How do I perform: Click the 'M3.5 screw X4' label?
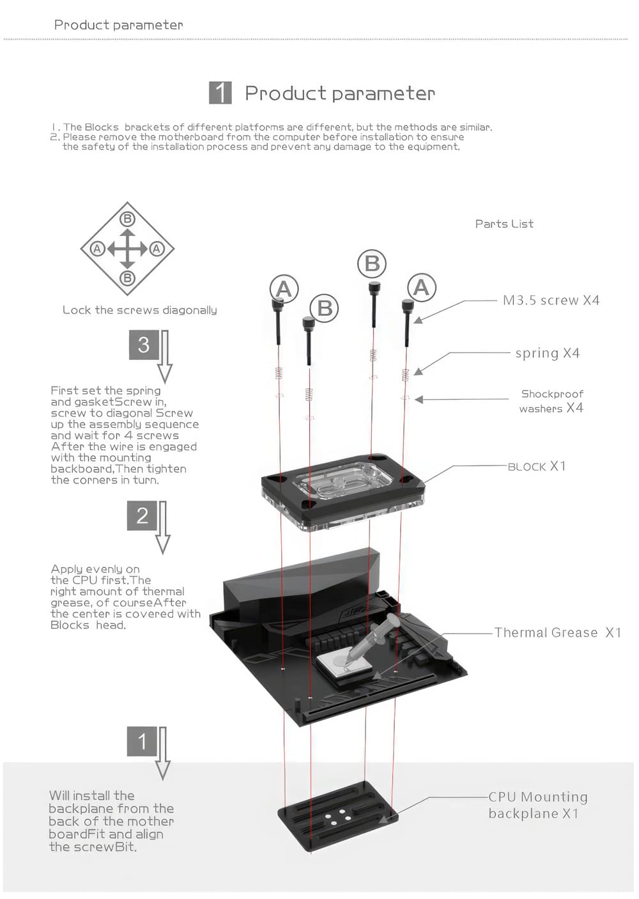[551, 301]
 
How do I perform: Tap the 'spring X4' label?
[547, 353]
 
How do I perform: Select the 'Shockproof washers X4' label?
[551, 401]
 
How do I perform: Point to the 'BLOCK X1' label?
[537, 467]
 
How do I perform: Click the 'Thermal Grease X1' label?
[557, 633]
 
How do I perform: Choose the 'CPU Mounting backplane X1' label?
[537, 805]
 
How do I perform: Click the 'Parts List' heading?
[504, 224]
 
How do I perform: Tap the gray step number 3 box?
[144, 345]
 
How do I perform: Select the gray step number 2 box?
[142, 515]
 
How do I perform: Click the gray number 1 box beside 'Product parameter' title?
[220, 93]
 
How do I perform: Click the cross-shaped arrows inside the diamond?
[127, 249]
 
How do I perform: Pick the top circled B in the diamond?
[127, 219]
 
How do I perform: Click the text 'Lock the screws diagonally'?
[139, 310]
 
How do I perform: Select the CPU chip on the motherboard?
[339, 665]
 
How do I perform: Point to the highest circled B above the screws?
[372, 263]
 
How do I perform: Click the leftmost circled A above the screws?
[284, 289]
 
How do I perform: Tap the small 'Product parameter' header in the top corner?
[118, 25]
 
